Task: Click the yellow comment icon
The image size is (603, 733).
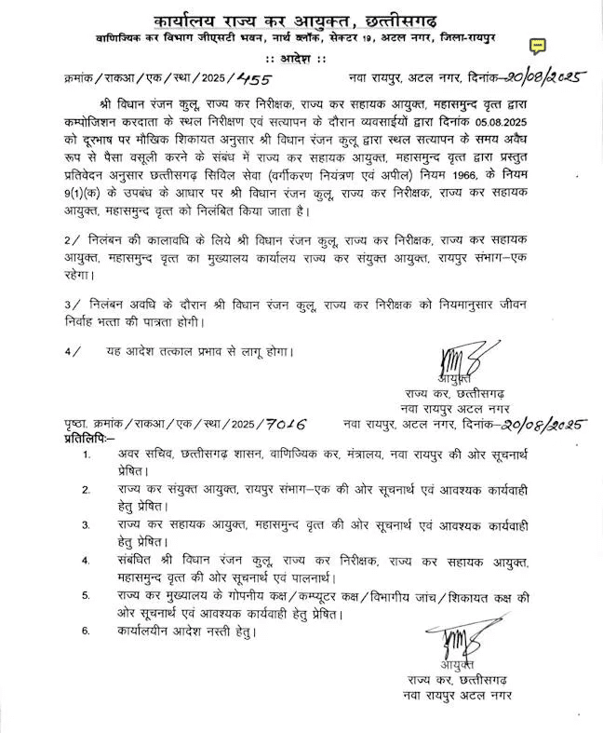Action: (538, 46)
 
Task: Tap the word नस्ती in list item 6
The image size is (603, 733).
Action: (216, 631)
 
